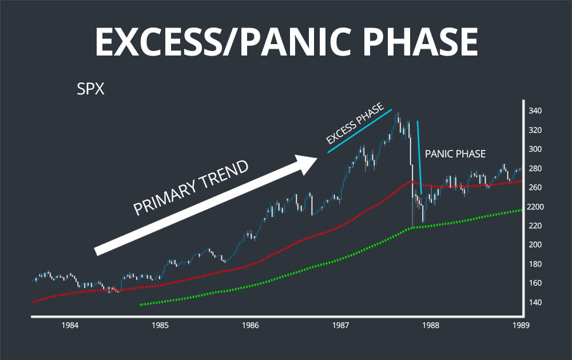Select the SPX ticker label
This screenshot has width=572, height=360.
[90, 90]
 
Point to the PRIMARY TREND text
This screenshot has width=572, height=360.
[192, 188]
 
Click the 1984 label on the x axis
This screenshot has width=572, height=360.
[70, 325]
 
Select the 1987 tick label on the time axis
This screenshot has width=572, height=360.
[341, 325]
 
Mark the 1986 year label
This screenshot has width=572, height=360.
[251, 325]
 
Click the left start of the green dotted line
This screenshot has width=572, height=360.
[141, 304]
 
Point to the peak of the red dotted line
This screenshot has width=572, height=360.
[407, 182]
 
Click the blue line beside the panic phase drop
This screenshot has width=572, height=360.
[420, 157]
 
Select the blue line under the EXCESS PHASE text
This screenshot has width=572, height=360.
[359, 131]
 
